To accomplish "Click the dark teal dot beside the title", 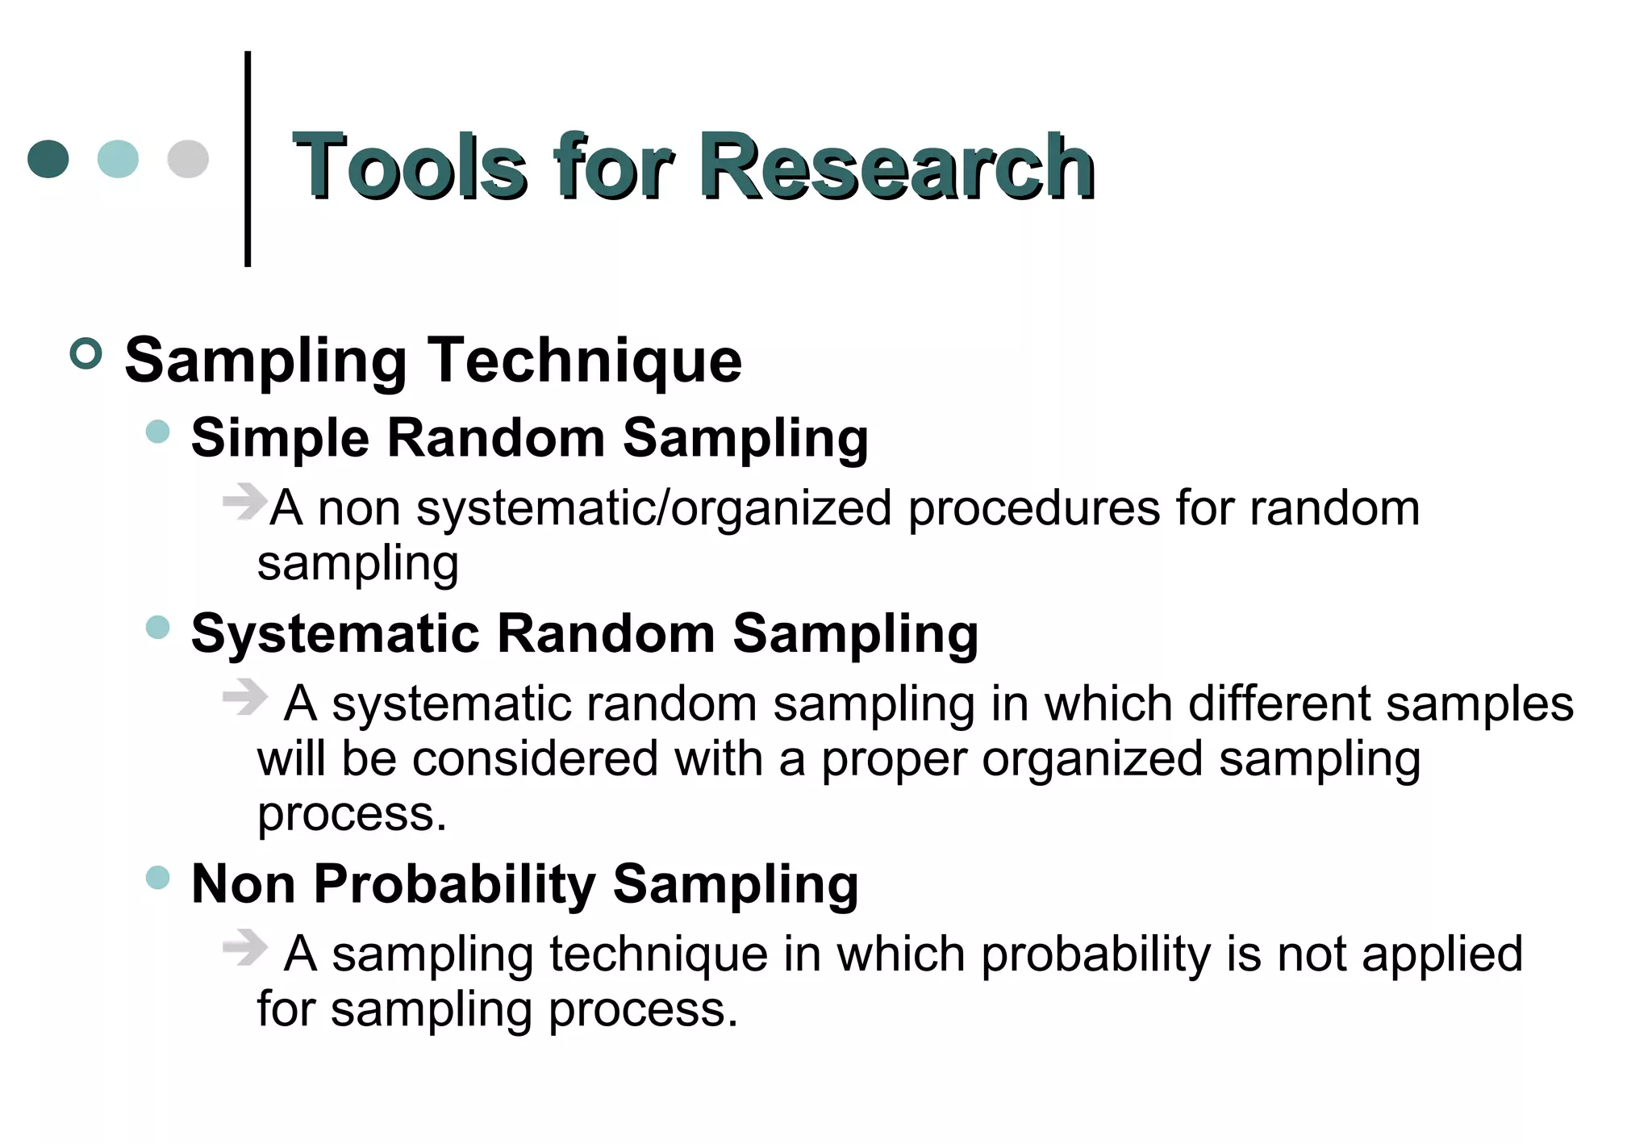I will point(48,159).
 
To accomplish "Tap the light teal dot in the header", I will point(118,159).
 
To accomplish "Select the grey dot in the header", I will point(188,159).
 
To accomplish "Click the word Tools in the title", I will point(410,166).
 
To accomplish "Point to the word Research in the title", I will point(897,166).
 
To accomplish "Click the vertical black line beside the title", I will point(248,159).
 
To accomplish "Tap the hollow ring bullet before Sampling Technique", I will point(86,353).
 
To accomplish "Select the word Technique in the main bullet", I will point(584,361).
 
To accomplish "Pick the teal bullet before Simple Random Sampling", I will point(158,432).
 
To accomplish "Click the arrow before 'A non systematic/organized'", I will point(244,501).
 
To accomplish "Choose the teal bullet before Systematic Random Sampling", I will point(158,627).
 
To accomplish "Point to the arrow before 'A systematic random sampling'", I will point(244,696).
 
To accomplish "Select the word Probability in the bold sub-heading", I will point(454,884).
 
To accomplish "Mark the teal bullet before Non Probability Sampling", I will point(158,877).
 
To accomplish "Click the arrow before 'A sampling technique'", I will point(244,946).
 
